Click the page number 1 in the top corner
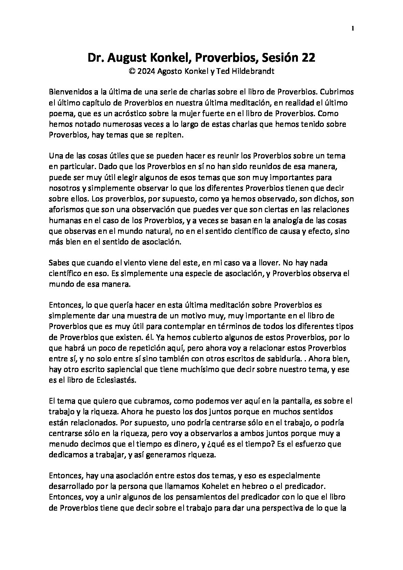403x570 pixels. (353, 28)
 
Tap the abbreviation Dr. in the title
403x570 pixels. (96, 58)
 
